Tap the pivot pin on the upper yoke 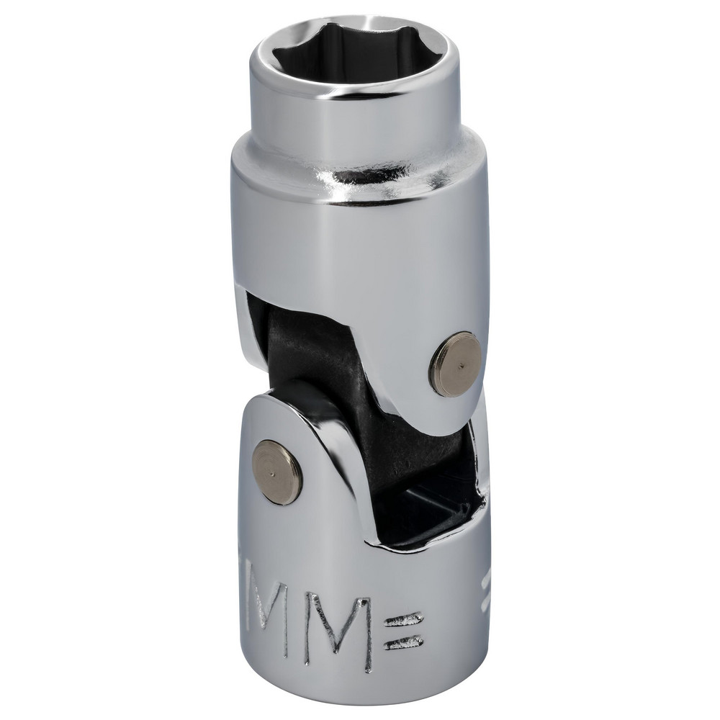[x=455, y=364]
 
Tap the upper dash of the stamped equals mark [x=402, y=617]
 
